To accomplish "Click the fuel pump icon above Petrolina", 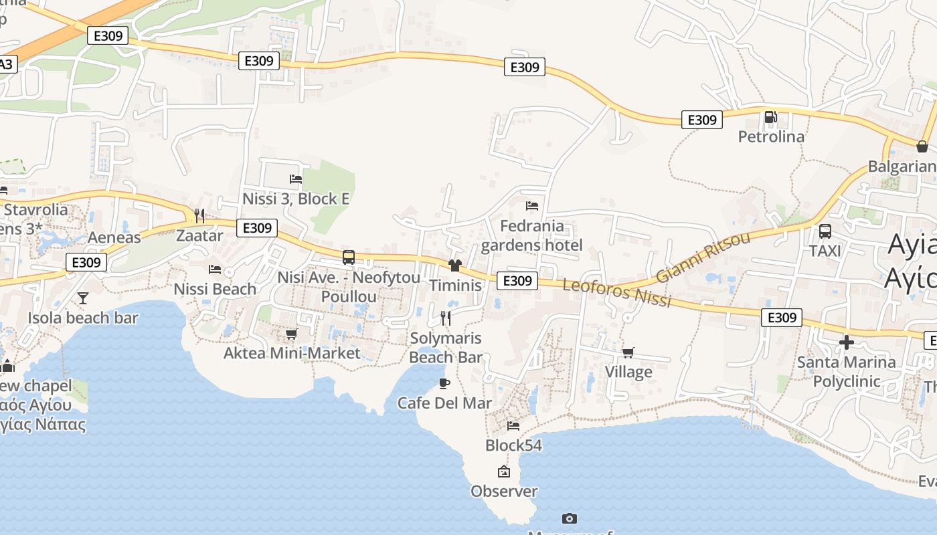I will (770, 118).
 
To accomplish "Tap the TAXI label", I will (825, 251).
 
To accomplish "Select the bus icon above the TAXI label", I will (825, 231).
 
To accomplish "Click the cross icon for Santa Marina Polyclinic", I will (847, 343).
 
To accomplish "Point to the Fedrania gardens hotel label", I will (532, 235).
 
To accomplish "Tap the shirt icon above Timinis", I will (455, 265).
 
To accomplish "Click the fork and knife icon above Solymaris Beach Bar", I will (446, 318).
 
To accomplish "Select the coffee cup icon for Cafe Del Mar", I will (444, 383).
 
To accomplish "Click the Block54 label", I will (513, 445).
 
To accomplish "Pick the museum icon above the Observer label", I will (504, 471).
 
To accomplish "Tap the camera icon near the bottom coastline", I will (570, 518).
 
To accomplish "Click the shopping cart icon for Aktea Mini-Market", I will (291, 334).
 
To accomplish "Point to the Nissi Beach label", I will (215, 289).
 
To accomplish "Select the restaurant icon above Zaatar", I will (199, 215).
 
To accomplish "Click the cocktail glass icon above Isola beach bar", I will (83, 298).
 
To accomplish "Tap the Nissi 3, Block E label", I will (296, 199).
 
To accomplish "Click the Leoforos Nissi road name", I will (616, 293).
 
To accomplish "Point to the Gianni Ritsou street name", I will (703, 258).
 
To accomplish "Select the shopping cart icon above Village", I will (628, 352).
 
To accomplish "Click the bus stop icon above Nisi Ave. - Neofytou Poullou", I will (349, 257).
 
